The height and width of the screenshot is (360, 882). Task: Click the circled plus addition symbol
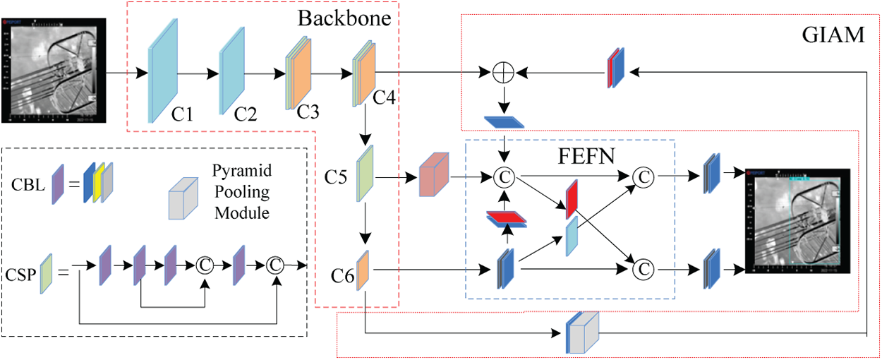tap(503, 72)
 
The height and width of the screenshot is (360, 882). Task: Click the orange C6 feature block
tap(363, 269)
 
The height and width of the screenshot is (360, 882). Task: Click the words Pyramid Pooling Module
tap(241, 191)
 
